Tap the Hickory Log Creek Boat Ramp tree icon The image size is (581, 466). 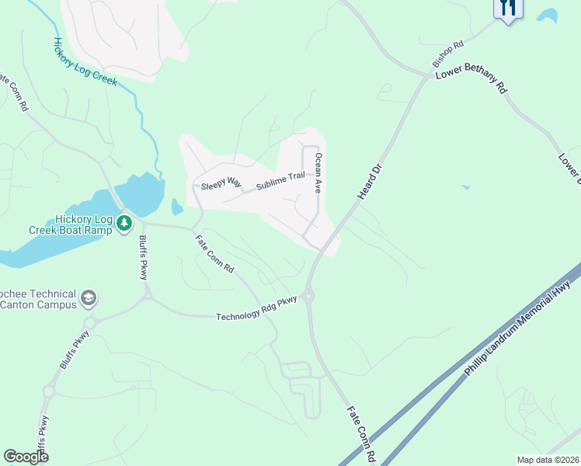(124, 224)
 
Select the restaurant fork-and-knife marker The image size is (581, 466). (508, 9)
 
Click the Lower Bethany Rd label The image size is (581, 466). (471, 81)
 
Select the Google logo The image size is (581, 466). (26, 457)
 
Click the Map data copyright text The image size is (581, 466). (548, 460)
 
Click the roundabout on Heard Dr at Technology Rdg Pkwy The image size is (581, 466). (309, 296)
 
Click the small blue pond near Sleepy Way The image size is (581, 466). (176, 207)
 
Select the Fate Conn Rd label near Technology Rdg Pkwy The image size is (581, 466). (214, 254)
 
